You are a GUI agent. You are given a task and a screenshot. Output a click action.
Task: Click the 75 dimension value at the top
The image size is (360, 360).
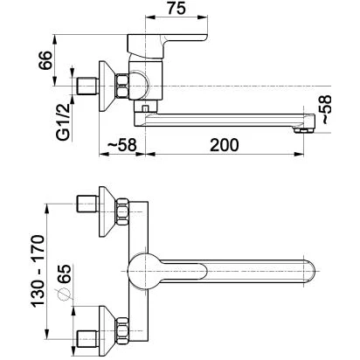click(177, 8)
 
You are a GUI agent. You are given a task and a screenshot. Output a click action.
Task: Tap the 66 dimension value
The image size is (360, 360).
click(45, 60)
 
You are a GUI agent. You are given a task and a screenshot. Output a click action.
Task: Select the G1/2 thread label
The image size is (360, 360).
click(64, 121)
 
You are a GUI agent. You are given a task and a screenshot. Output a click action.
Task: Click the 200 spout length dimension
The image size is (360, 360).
click(225, 145)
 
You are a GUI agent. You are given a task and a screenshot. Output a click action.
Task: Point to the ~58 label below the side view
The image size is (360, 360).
click(122, 145)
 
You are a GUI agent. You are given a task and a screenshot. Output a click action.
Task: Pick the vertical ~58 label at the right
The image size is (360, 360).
click(324, 109)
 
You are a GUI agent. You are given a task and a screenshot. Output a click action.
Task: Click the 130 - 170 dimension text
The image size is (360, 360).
click(38, 271)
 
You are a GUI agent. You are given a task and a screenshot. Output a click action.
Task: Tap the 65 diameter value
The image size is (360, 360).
click(64, 273)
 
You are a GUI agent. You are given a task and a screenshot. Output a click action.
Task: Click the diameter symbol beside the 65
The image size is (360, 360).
click(64, 294)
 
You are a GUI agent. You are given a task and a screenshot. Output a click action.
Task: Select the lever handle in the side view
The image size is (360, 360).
click(166, 45)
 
